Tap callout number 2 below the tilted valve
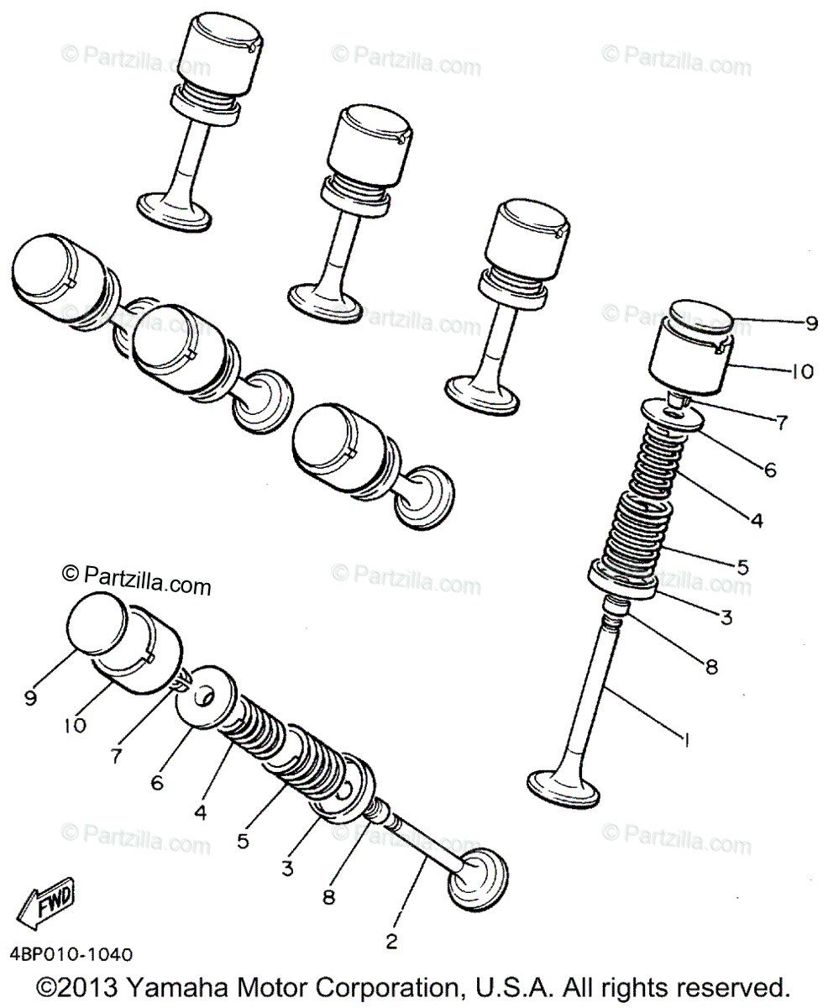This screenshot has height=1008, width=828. [391, 941]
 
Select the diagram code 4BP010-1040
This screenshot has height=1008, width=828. [71, 955]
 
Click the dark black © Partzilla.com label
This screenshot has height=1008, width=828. [137, 580]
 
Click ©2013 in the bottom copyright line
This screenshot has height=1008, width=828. [81, 986]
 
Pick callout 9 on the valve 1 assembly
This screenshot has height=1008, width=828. [810, 323]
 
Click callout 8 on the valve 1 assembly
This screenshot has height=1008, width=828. [711, 667]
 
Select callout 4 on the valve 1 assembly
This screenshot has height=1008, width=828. [757, 521]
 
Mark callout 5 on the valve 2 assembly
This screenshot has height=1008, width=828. [243, 841]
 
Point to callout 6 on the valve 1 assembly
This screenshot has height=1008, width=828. [771, 471]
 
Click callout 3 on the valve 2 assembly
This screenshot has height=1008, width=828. [287, 869]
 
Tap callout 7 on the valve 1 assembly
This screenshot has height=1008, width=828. [782, 423]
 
